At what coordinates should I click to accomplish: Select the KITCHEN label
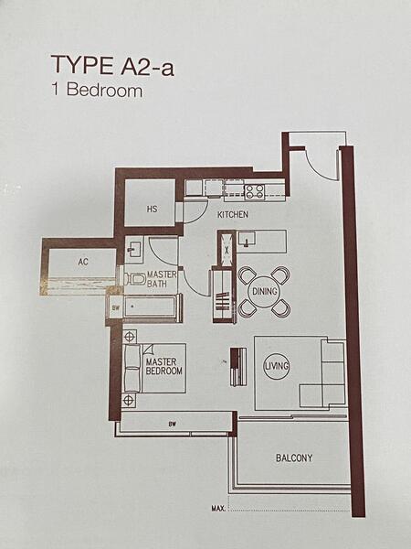point(232,215)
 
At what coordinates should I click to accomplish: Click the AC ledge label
point(83,261)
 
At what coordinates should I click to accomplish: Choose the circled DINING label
point(263,290)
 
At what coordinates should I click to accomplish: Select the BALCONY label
point(293,457)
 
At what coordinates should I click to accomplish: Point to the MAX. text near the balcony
point(218,507)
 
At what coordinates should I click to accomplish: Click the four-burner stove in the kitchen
point(254,191)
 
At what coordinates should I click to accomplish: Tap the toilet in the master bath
point(133,279)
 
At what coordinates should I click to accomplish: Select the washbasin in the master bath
point(134,247)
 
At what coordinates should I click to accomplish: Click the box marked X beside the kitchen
point(226,248)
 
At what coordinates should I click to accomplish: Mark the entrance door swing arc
point(321,165)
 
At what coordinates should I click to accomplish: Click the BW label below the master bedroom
point(172,424)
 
